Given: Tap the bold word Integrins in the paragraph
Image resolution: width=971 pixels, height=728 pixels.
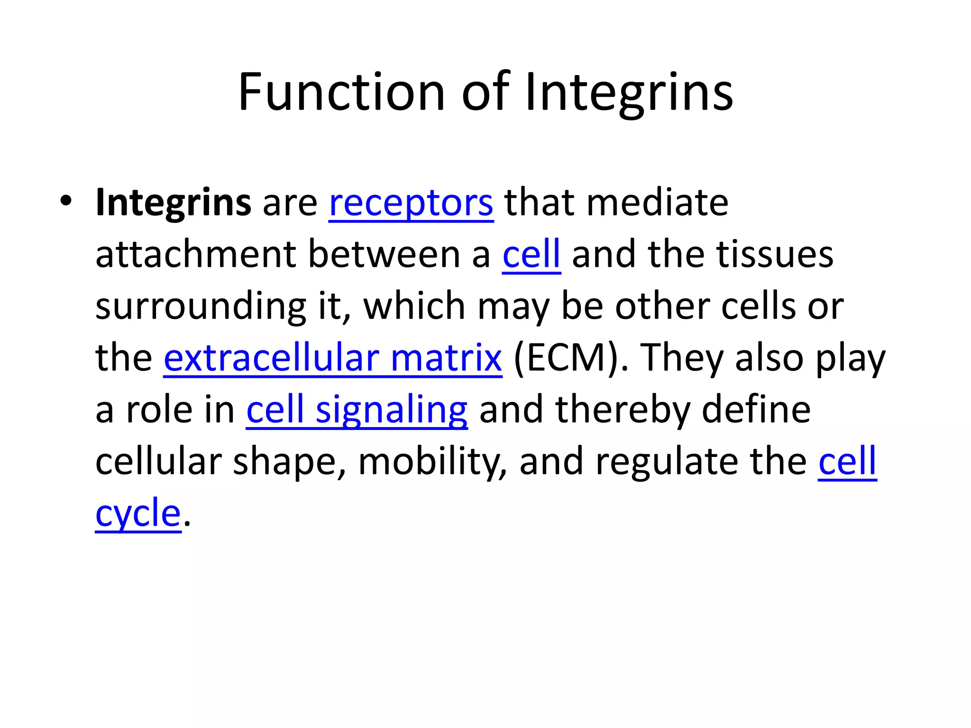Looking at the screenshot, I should point(173,203).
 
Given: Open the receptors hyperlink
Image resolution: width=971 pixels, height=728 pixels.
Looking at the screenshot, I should point(411,203).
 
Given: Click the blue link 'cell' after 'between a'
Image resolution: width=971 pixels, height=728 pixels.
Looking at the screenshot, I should point(531,255).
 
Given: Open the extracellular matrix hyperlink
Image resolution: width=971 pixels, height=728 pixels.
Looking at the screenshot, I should point(332,358).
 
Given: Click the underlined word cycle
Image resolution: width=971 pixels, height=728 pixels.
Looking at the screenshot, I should point(138,513).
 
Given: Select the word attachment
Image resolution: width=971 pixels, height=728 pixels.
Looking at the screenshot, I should point(196,255).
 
